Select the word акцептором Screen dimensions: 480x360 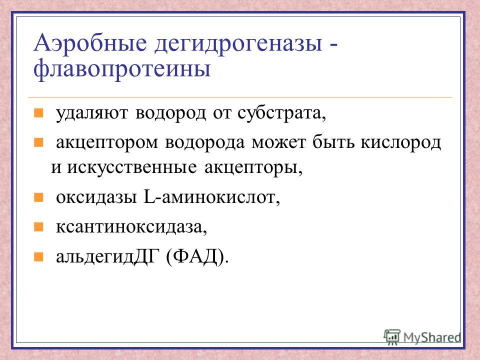[107, 143]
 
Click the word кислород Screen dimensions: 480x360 [400, 142]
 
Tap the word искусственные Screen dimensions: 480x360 [132, 168]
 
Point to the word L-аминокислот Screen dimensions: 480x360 [211, 197]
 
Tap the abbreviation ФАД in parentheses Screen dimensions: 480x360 [195, 256]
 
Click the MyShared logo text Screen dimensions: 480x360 [432, 337]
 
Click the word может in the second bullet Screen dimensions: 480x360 [278, 143]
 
